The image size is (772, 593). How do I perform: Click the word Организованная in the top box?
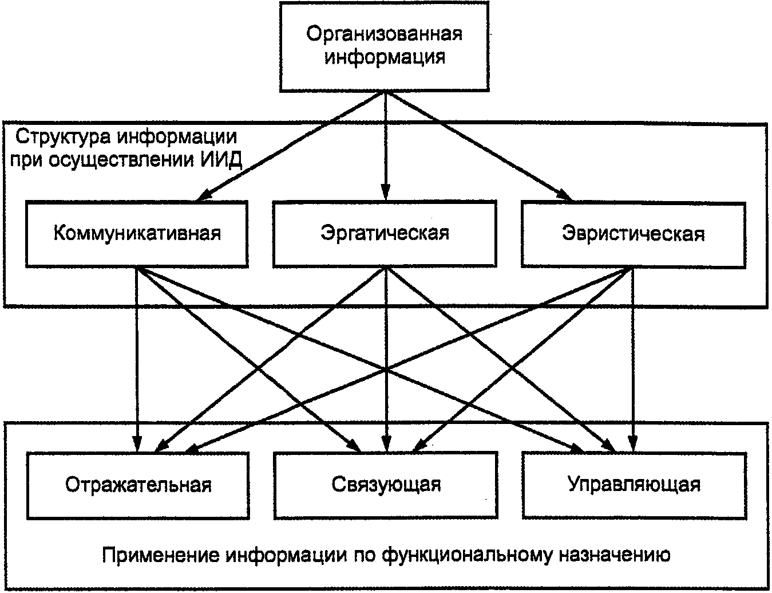point(384,34)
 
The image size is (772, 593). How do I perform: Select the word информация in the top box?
point(385,57)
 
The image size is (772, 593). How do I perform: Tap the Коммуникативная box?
point(137,233)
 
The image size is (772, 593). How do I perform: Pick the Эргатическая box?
point(385,233)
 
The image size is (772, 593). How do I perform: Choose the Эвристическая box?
point(633,233)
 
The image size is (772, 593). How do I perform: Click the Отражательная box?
point(138,485)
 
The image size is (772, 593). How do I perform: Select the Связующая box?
point(386,485)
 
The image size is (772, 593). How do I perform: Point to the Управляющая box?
point(634,485)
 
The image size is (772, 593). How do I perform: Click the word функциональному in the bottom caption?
point(464,555)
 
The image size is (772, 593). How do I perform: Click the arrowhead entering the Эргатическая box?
point(385,194)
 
